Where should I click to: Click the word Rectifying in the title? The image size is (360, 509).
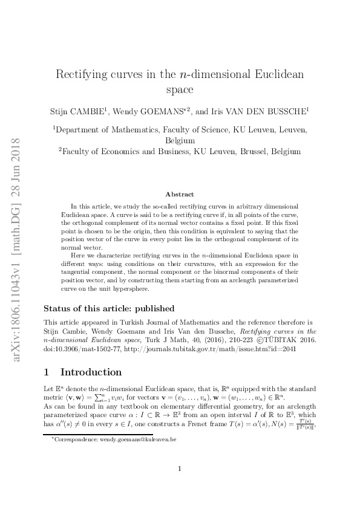(x=83, y=75)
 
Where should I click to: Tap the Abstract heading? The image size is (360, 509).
(x=180, y=194)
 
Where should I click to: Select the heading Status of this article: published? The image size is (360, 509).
(x=109, y=308)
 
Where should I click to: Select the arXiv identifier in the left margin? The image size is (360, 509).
(x=16, y=248)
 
